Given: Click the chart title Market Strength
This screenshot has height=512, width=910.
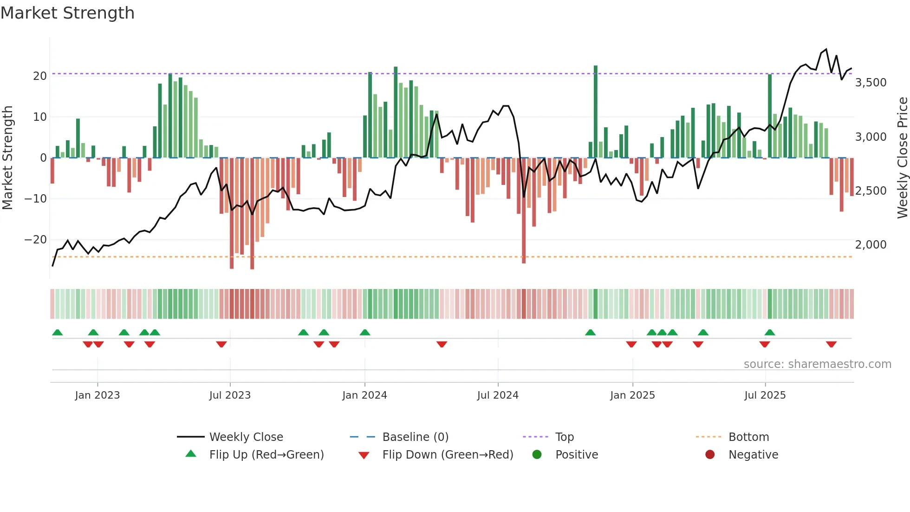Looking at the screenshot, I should (67, 13).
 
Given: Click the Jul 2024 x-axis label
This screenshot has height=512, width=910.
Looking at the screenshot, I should (497, 395).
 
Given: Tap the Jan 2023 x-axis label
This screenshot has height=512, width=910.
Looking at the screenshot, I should (97, 395).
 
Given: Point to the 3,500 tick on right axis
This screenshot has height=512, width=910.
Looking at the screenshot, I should (871, 83).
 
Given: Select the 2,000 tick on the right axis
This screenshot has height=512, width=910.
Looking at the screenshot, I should (871, 245).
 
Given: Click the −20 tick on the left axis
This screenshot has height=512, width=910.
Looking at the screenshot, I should (36, 240).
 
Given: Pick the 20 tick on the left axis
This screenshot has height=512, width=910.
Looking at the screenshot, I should (39, 76).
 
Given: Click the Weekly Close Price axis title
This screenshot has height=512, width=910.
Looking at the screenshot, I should (902, 158).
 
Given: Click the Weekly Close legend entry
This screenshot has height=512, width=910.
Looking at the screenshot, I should (246, 437).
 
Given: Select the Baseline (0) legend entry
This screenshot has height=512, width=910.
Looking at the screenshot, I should (415, 437).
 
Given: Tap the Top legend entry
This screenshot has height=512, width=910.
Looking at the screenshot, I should (564, 437).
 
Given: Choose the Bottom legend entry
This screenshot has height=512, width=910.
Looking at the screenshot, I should (748, 437).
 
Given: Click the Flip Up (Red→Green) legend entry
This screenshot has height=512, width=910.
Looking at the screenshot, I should (266, 454).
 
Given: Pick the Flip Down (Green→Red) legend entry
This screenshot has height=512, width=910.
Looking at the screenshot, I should (448, 454).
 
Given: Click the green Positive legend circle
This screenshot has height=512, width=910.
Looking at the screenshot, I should (537, 454).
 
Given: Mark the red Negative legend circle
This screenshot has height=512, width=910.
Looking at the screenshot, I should (710, 454).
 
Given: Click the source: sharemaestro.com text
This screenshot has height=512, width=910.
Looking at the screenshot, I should (817, 364).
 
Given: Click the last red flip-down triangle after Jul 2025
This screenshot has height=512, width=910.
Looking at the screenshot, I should (831, 344).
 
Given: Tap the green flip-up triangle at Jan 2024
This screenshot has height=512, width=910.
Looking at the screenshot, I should (365, 332).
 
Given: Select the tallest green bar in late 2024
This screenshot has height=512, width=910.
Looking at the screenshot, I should (596, 112).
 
